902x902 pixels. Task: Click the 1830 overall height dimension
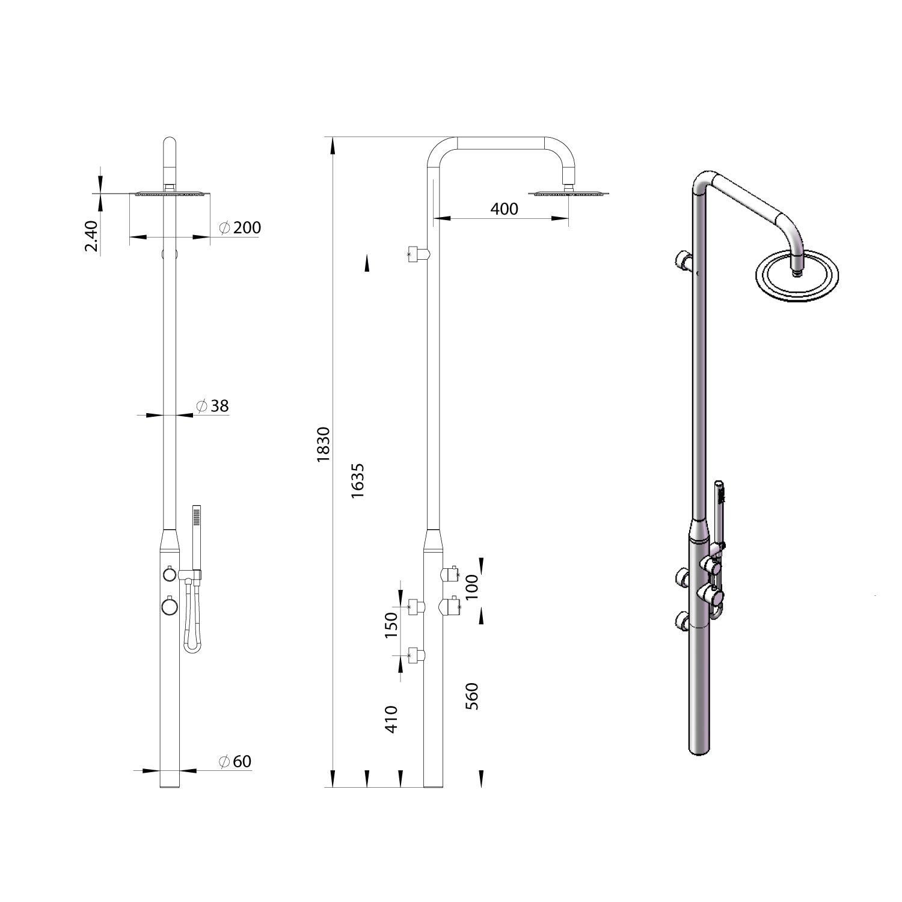coord(324,444)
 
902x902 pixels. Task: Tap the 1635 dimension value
coord(358,480)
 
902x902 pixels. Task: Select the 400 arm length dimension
coord(504,209)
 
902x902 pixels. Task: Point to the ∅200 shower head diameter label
coord(241,228)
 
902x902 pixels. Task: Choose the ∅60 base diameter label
coord(235,761)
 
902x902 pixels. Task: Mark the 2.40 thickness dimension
coord(91,236)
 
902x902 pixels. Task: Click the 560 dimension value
coord(473,696)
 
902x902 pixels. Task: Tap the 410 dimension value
coord(391,719)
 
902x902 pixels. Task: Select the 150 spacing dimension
coord(391,625)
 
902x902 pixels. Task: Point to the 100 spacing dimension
coord(473,587)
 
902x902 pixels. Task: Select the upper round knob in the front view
coord(169,574)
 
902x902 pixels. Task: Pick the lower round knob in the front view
coord(170,606)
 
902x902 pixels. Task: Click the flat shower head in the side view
coord(569,193)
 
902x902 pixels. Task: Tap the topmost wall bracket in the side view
coord(418,254)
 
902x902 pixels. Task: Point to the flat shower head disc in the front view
coord(170,193)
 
